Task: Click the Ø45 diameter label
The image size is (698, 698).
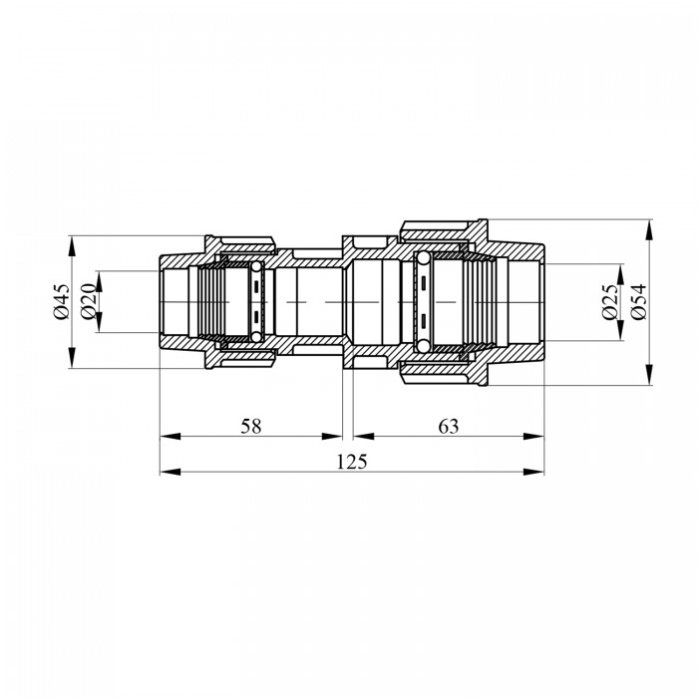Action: click(62, 302)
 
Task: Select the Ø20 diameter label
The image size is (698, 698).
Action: click(89, 301)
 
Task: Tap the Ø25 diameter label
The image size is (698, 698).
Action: click(610, 302)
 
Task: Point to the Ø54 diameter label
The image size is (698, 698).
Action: click(638, 302)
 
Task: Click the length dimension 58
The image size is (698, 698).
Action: click(250, 426)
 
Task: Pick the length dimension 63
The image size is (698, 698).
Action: click(449, 426)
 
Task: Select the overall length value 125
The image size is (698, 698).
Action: click(352, 462)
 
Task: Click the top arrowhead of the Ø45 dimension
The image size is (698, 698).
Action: click(71, 245)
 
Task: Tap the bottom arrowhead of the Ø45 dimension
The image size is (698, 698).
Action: click(71, 358)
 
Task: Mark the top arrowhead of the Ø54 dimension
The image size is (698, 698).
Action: click(649, 229)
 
